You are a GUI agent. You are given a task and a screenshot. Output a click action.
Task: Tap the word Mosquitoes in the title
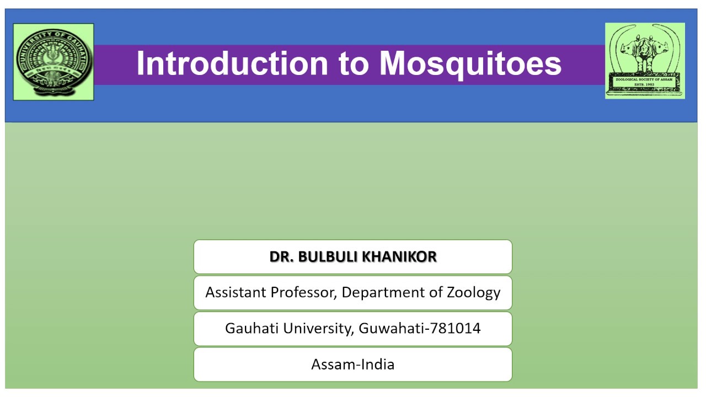click(470, 63)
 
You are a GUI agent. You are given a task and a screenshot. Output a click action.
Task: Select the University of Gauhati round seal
click(54, 62)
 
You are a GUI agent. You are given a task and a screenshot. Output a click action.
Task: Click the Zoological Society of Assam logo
click(645, 61)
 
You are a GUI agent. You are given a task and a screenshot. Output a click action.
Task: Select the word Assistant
click(236, 292)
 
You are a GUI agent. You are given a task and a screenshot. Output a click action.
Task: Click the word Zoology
click(474, 293)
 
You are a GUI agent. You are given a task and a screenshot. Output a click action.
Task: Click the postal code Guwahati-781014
click(420, 329)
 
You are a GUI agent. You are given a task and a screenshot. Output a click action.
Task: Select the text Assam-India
click(353, 364)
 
